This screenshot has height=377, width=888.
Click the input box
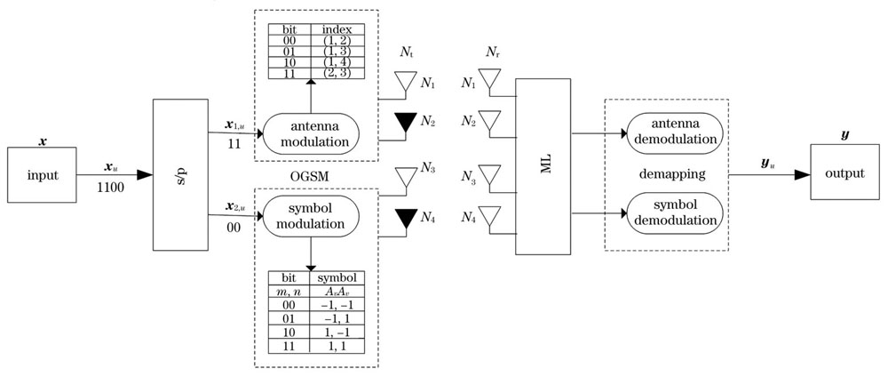click(x=42, y=174)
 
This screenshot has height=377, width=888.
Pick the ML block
click(x=543, y=166)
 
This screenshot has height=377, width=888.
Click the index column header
click(x=337, y=29)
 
